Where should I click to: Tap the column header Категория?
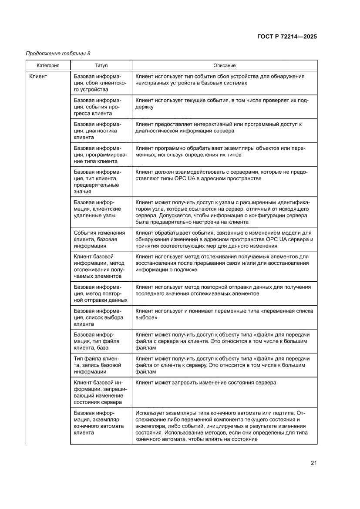click(x=48, y=65)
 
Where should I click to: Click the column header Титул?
click(x=101, y=65)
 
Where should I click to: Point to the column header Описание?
click(x=224, y=65)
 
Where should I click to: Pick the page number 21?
click(x=313, y=462)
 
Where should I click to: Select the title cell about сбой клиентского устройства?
click(x=101, y=83)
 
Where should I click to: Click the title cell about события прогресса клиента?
click(x=101, y=107)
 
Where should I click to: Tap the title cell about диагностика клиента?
click(x=101, y=131)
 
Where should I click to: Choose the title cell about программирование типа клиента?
click(x=101, y=155)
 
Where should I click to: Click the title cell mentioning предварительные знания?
click(x=101, y=182)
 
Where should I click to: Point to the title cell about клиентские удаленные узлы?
click(x=101, y=212)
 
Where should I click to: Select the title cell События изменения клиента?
click(x=101, y=239)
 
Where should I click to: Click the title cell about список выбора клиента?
click(x=101, y=317)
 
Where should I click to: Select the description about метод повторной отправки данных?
click(x=223, y=290)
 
